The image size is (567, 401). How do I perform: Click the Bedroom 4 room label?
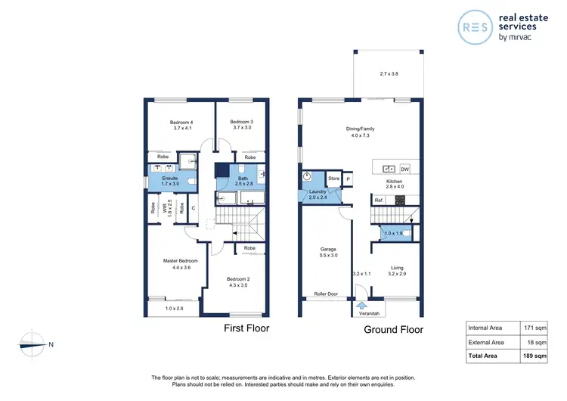click(x=181, y=123)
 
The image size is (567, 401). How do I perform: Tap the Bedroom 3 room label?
click(x=241, y=123)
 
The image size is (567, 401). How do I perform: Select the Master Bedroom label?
click(x=180, y=261)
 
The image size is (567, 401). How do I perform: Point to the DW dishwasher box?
click(x=404, y=169)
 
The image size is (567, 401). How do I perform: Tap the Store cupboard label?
click(x=333, y=179)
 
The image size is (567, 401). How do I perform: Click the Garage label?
click(x=328, y=249)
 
